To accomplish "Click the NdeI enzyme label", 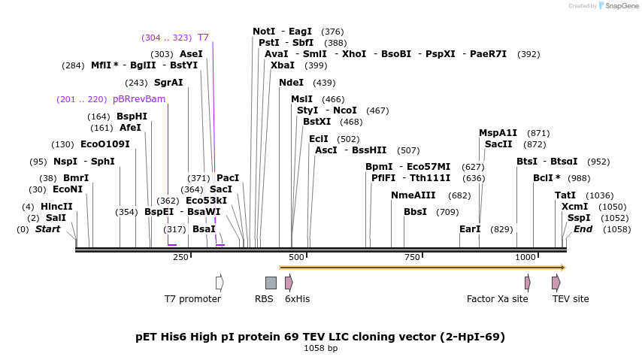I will click(x=291, y=83).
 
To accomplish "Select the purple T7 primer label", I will click(x=203, y=38).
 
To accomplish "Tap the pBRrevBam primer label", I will click(x=139, y=99).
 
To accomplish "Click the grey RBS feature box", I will click(x=271, y=283).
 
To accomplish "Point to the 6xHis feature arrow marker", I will click(x=289, y=283).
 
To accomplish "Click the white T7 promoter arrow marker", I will click(x=220, y=283).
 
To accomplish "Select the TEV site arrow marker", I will click(x=556, y=283).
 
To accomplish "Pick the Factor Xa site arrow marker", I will click(x=528, y=283).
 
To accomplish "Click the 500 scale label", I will click(x=296, y=258).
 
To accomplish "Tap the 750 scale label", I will click(x=412, y=258).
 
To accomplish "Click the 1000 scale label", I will click(x=525, y=258).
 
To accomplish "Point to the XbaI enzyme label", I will click(x=283, y=65).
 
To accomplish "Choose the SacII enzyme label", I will click(x=498, y=144).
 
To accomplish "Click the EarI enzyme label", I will click(x=470, y=229).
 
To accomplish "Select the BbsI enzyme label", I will click(x=415, y=212).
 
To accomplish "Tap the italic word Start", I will click(x=47, y=229).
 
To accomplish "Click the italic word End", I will click(x=583, y=229).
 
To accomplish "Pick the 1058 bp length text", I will click(x=320, y=349).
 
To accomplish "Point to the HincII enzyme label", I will click(x=56, y=207).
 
